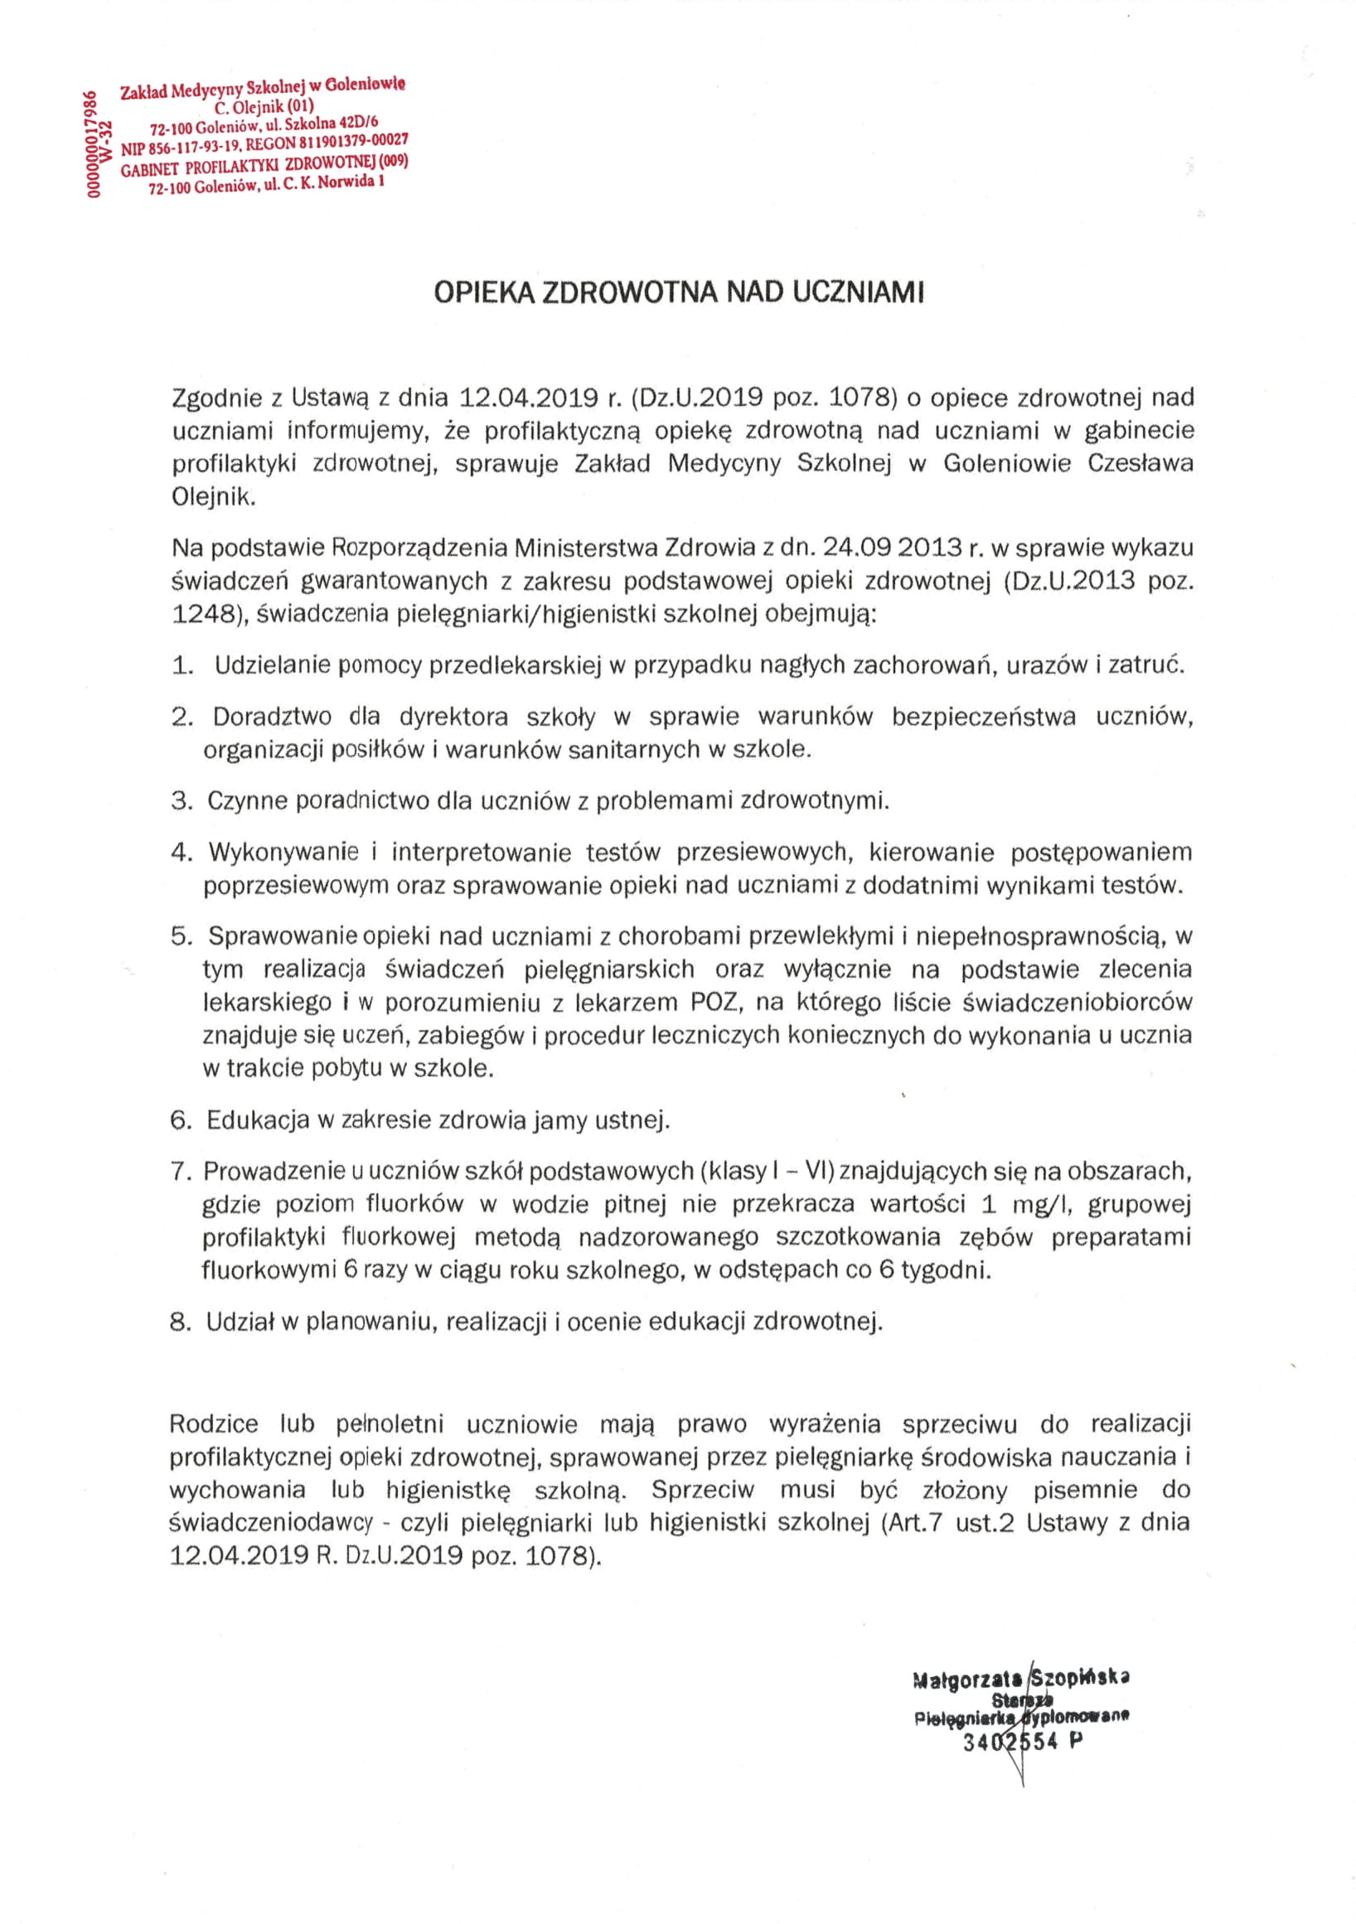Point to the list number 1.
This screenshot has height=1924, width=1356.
(x=182, y=665)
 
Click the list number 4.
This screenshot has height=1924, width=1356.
(x=182, y=853)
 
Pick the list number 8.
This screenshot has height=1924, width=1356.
(x=181, y=1322)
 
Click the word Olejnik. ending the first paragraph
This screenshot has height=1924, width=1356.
(x=213, y=497)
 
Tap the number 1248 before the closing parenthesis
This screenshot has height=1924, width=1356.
(x=202, y=614)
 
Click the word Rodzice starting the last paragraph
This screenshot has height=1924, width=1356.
(x=217, y=1424)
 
